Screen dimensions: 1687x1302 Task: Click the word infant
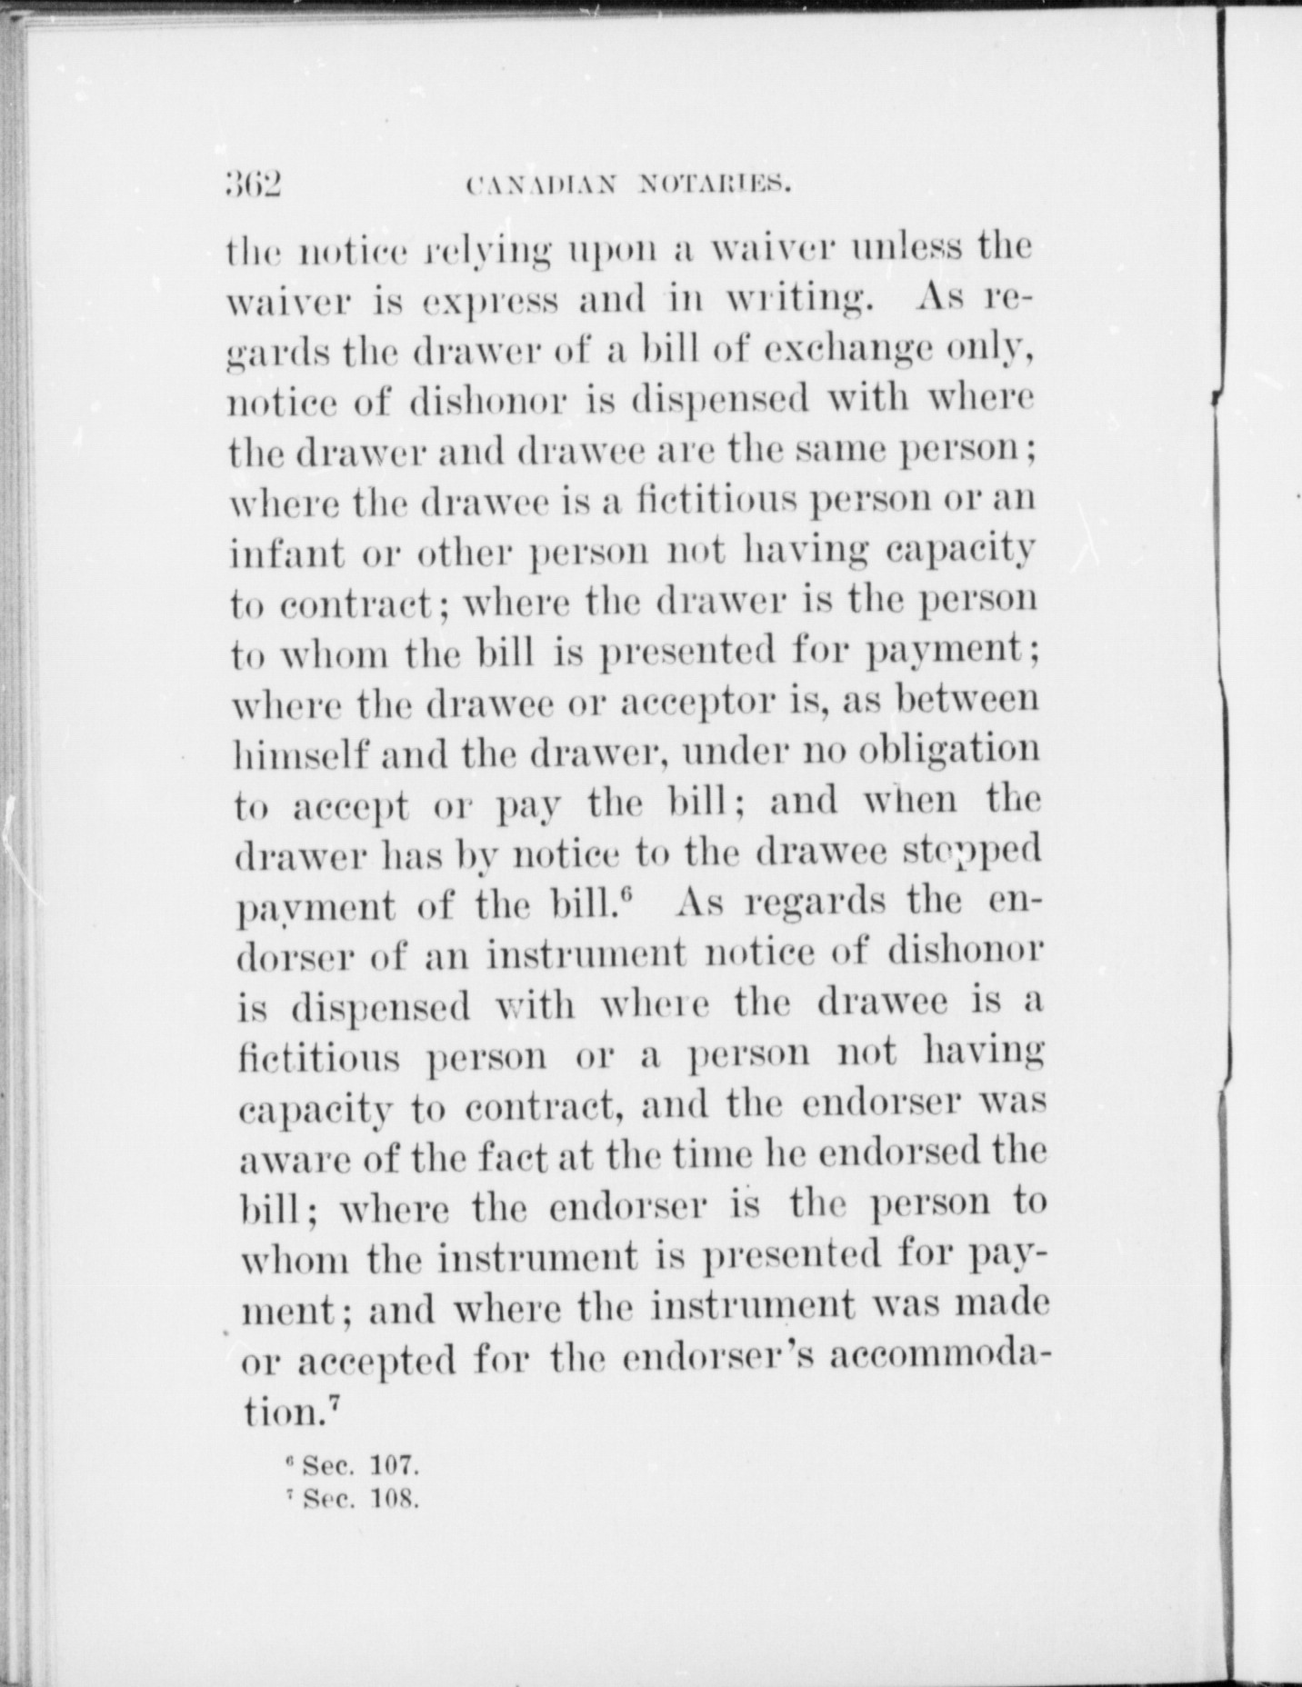(285, 551)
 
